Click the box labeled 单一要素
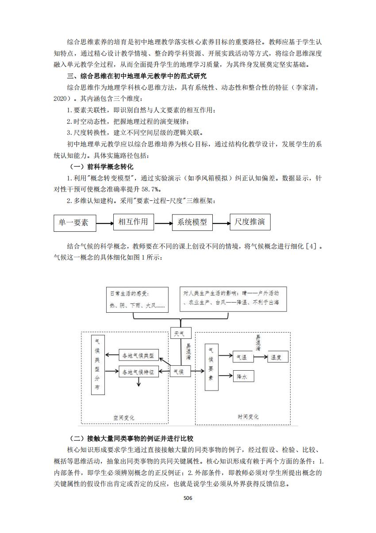click(x=74, y=223)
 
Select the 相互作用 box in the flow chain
click(x=133, y=221)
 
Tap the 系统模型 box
click(x=192, y=222)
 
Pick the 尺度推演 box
click(x=250, y=222)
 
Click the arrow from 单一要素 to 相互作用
click(x=104, y=223)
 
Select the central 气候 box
click(x=181, y=372)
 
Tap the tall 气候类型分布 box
click(x=97, y=365)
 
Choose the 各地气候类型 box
click(x=138, y=356)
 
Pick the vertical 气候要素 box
click(x=211, y=367)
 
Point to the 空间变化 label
click(x=124, y=418)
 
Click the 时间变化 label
click(x=248, y=417)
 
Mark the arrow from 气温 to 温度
click(x=260, y=357)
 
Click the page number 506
click(x=188, y=498)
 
